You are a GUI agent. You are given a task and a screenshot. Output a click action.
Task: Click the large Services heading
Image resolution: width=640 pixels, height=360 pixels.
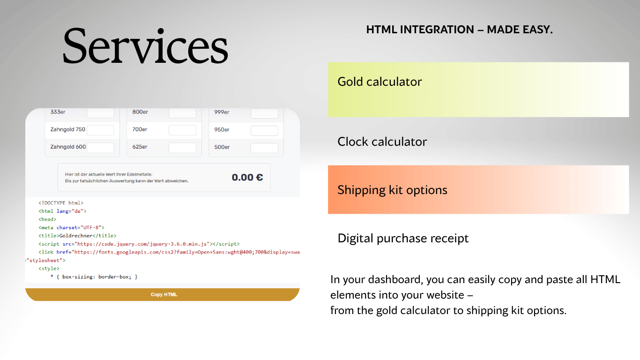coord(145,45)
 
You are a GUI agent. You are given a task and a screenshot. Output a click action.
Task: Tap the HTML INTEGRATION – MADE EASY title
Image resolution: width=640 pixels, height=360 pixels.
coord(459,30)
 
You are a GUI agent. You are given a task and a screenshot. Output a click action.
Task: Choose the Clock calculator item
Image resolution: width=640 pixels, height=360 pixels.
coord(382,142)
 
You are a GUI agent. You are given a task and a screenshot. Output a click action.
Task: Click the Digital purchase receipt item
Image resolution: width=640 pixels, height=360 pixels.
coord(403,238)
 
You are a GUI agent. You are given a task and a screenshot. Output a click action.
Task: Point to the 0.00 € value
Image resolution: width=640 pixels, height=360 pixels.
coord(247,177)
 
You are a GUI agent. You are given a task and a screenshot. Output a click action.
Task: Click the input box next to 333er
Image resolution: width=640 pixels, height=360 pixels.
coord(100,113)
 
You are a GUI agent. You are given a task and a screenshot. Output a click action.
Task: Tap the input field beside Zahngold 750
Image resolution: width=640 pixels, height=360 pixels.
coord(100,130)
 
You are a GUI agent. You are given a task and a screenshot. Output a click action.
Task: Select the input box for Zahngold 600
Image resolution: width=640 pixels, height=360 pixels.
coord(100,148)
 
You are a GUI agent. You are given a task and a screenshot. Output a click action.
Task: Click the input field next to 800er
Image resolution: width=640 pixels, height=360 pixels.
coord(182,113)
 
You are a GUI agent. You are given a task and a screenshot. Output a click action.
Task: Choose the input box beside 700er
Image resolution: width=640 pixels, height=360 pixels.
coord(182,130)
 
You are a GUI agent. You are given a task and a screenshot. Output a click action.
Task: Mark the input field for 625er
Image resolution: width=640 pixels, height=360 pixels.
coord(182,148)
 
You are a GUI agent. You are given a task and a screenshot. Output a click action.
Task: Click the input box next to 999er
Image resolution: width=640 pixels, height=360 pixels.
coord(264,113)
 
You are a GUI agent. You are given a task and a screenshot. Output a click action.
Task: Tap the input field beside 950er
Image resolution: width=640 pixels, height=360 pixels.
coord(264,130)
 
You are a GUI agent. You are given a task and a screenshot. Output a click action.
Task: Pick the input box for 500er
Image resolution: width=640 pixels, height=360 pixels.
coord(264,148)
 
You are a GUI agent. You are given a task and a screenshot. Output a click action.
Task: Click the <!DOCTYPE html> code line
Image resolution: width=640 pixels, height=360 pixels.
coord(61,203)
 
